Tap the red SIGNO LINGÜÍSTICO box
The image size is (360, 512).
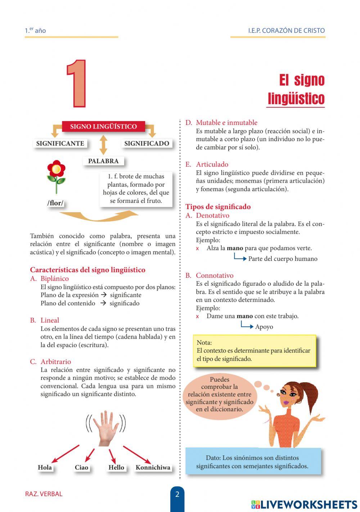103,126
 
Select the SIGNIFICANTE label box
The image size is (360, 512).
60,143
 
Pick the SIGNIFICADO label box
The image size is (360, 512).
147,143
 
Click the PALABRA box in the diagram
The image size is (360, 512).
103,161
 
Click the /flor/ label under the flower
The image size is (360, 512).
55,203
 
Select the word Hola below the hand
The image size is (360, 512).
45,467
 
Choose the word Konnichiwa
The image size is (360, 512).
153,467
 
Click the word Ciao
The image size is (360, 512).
81,467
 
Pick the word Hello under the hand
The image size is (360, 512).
116,467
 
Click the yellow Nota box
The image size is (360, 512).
254,351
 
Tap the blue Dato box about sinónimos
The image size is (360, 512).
252,462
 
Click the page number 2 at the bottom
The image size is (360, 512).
177,494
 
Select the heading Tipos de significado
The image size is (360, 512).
218,207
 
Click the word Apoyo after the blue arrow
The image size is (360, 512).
264,327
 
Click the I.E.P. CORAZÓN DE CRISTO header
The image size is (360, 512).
286,31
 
